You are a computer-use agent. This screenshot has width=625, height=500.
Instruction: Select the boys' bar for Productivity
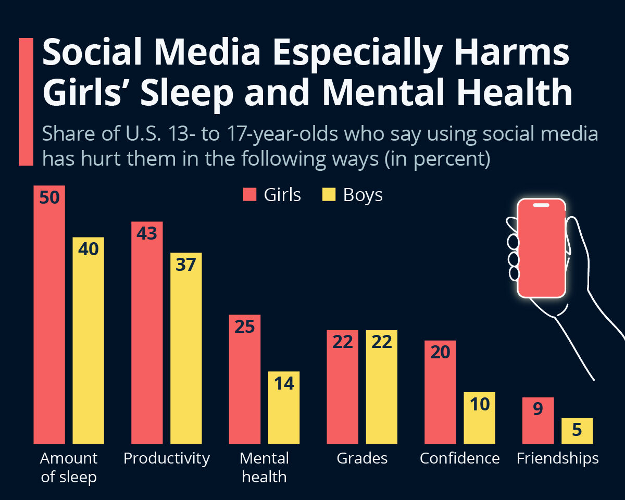[186, 354]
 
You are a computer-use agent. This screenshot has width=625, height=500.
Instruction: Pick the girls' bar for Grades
[342, 391]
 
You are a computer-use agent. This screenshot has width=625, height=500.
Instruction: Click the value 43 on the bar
[146, 233]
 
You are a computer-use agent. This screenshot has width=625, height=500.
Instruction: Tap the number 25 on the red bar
[244, 327]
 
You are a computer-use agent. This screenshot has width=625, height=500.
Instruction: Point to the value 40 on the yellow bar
[88, 249]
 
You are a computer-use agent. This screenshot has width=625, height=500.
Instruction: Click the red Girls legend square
[250, 195]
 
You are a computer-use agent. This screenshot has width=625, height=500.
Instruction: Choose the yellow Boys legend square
[329, 195]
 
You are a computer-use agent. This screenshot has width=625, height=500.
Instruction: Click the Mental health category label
[264, 467]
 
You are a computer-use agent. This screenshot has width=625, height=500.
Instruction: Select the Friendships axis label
[557, 458]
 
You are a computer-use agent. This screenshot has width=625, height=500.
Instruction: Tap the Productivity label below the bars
[166, 458]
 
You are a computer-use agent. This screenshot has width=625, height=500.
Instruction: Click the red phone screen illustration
[541, 249]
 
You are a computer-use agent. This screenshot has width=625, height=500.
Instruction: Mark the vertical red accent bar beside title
[26, 102]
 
